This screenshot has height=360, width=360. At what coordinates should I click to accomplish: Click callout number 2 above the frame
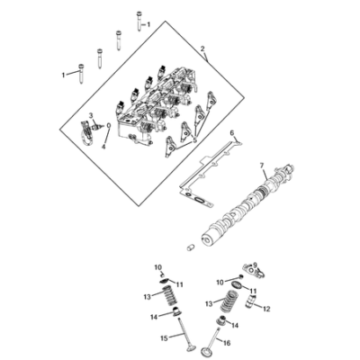202,49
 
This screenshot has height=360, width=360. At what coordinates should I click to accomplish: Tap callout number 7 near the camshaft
261,166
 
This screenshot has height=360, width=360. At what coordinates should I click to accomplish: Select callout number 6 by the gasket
231,133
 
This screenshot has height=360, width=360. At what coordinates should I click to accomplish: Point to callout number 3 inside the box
91,115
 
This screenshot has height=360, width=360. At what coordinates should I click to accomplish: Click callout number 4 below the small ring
103,147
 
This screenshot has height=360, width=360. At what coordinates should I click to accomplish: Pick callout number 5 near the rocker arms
195,140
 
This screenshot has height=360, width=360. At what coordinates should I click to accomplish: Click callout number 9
255,265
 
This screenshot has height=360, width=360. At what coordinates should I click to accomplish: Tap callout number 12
266,309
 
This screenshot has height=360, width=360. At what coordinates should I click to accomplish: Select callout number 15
164,338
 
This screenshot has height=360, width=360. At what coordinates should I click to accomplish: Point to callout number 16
227,343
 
